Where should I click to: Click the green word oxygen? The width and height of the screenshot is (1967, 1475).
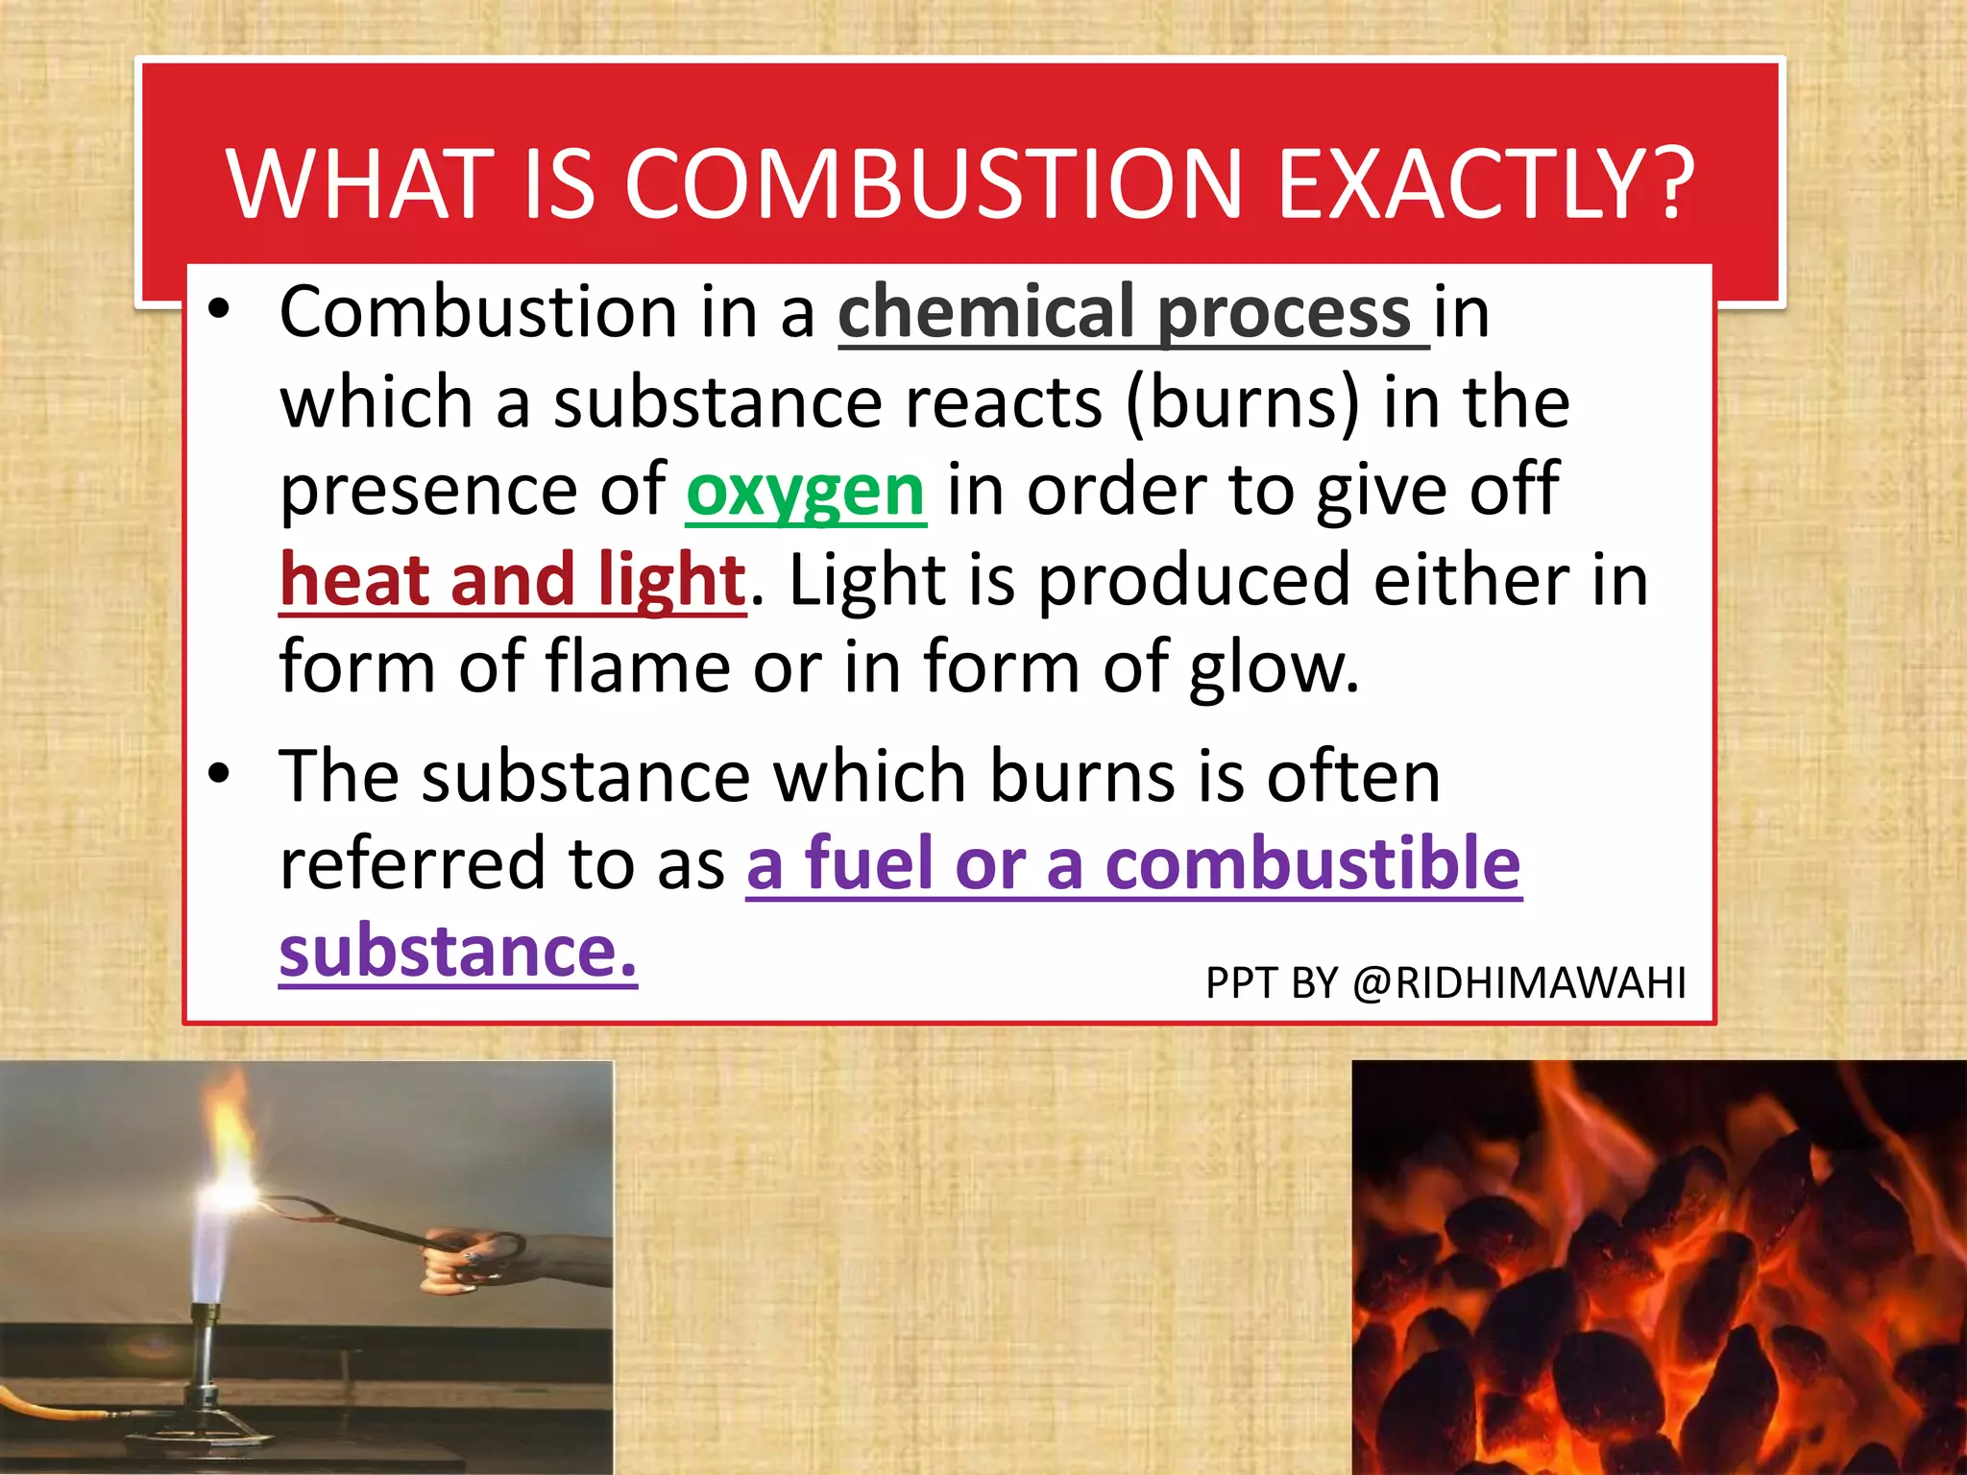pyautogui.click(x=805, y=491)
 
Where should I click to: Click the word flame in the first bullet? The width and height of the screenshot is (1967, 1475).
pyautogui.click(x=638, y=666)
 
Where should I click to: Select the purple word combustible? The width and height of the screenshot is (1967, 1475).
pyautogui.click(x=1312, y=863)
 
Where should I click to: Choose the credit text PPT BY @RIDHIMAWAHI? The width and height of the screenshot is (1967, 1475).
pyautogui.click(x=1445, y=982)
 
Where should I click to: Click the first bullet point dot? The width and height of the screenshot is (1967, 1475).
pyautogui.click(x=220, y=309)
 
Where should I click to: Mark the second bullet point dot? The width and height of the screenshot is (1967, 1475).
pyautogui.click(x=220, y=773)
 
